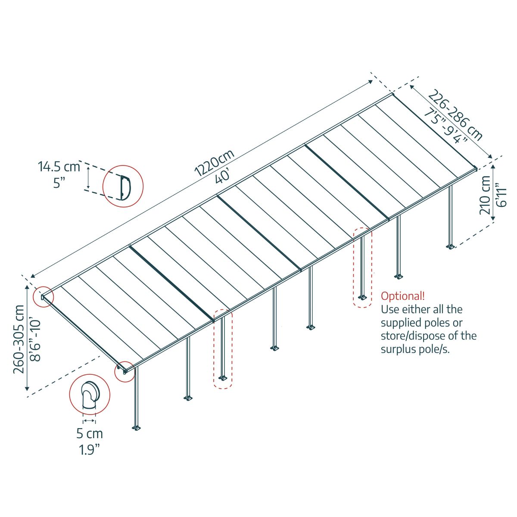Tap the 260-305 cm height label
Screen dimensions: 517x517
point(19,339)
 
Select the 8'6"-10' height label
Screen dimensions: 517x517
point(35,339)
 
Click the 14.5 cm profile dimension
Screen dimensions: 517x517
point(59,166)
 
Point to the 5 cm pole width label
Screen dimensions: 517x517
point(90,433)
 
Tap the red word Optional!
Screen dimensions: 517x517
point(402,296)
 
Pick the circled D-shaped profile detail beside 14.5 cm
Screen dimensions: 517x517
point(123,187)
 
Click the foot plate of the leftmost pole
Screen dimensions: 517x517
point(137,428)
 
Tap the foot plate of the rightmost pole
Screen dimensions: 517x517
point(451,247)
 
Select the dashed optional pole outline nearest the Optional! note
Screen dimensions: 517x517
point(362,267)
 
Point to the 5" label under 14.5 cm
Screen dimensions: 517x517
point(59,182)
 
